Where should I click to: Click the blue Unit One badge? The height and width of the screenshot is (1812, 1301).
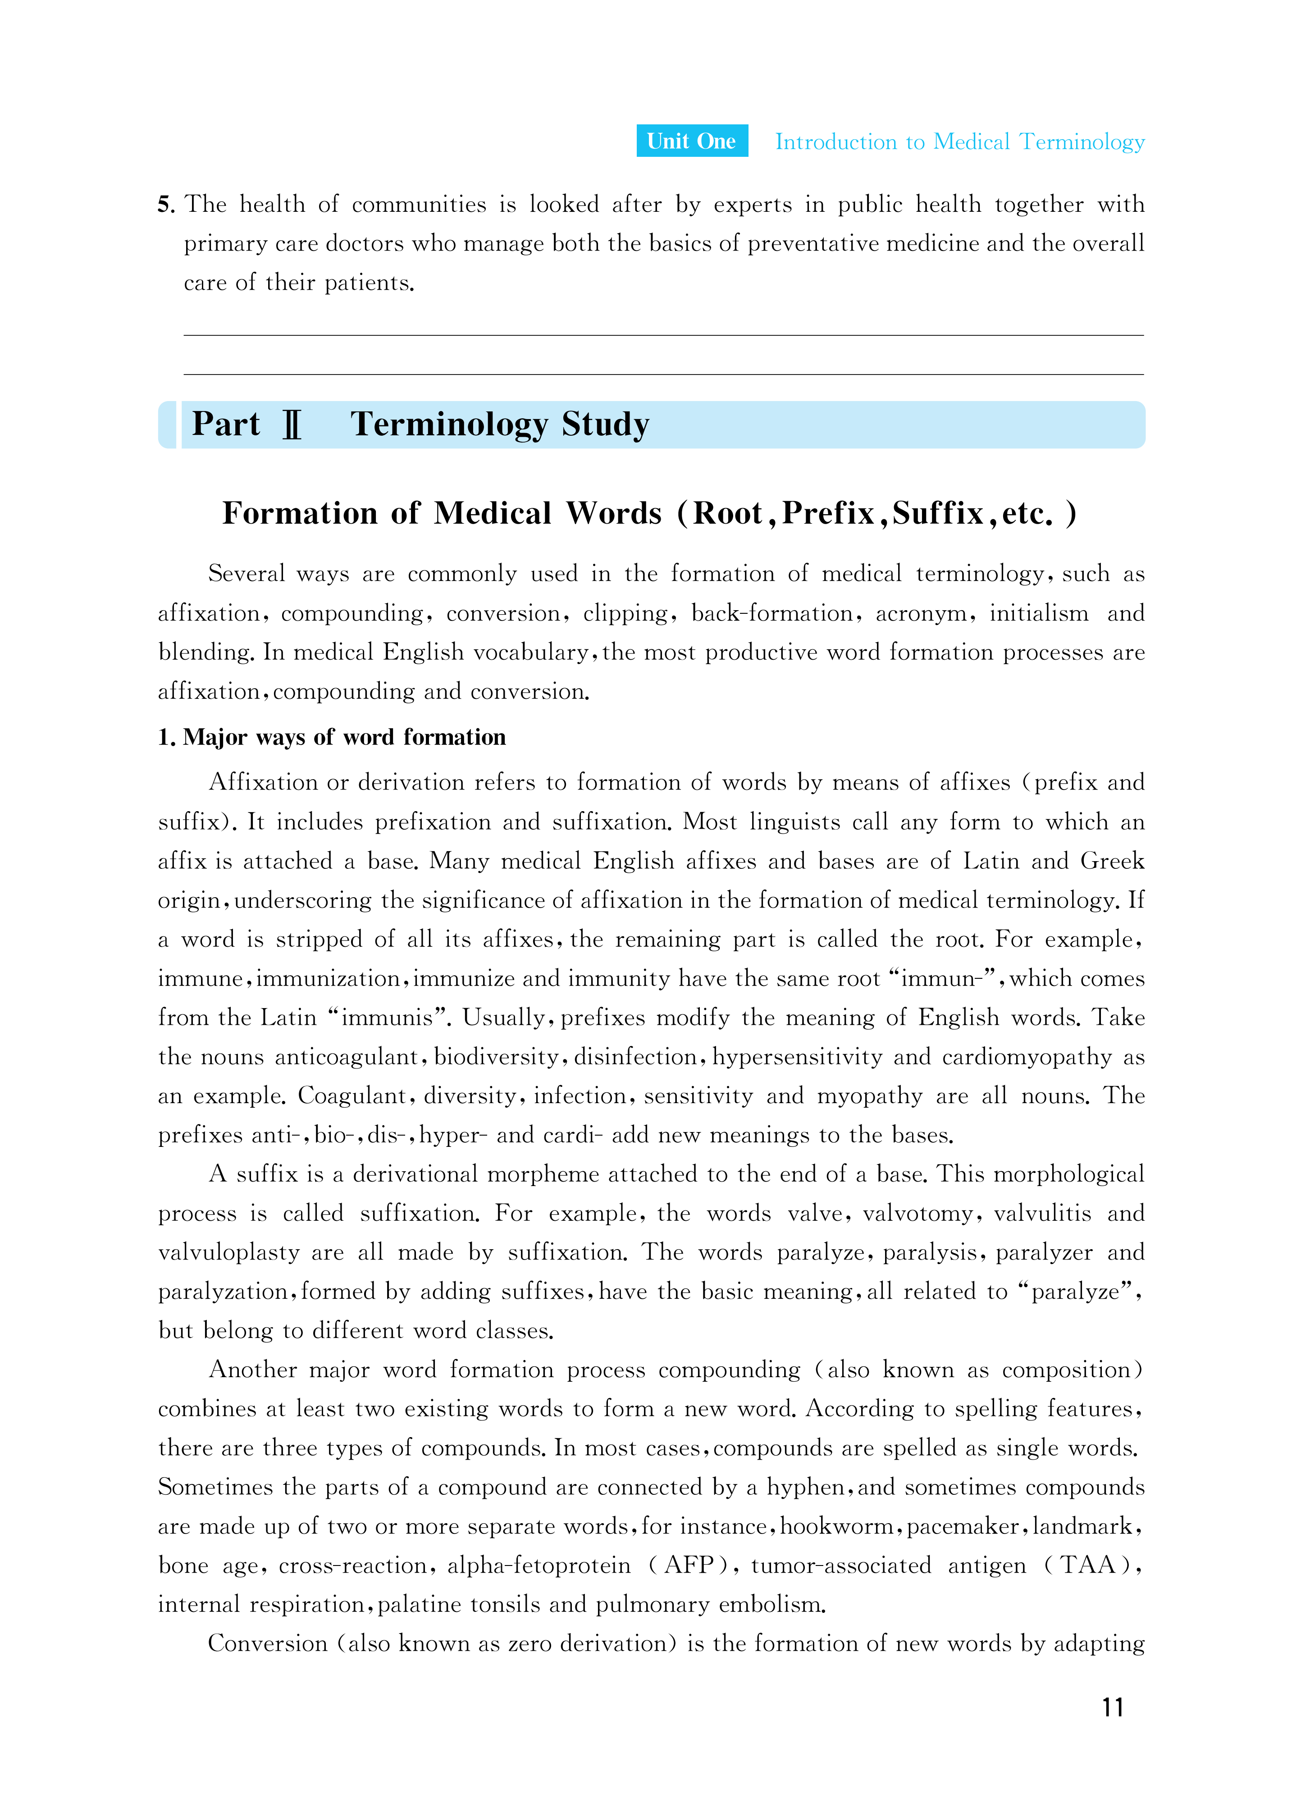pyautogui.click(x=691, y=141)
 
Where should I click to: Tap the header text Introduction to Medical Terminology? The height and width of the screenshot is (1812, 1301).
pyautogui.click(x=960, y=142)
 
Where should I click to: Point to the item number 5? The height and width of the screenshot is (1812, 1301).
pyautogui.click(x=165, y=205)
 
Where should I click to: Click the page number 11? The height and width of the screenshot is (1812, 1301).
pyautogui.click(x=1112, y=1707)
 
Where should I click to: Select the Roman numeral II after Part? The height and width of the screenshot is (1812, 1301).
pyautogui.click(x=292, y=425)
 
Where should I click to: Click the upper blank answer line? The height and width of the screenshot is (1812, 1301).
pyautogui.click(x=663, y=335)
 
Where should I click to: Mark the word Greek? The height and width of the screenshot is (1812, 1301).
pyautogui.click(x=1112, y=861)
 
